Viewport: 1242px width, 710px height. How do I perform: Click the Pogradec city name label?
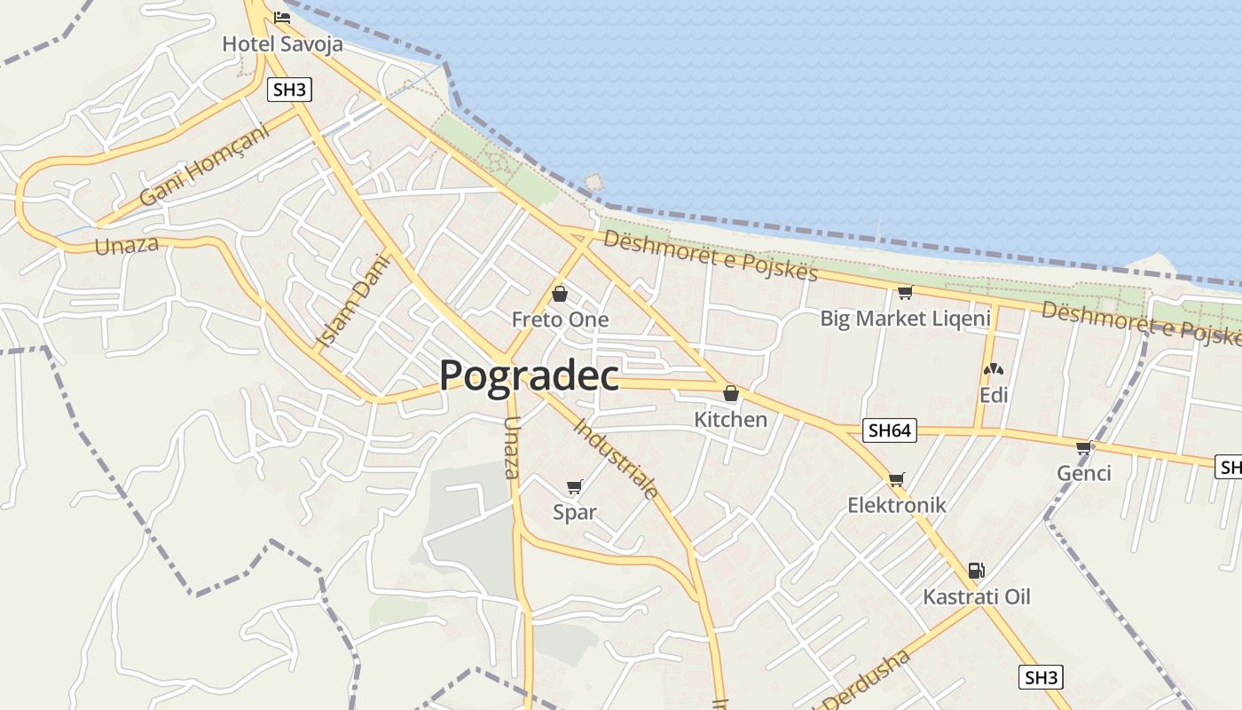[x=530, y=375]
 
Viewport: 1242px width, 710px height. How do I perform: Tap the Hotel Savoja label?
[x=282, y=43]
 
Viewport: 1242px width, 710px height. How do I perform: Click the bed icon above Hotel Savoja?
[x=282, y=17]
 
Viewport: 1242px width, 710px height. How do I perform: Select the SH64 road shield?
[x=889, y=430]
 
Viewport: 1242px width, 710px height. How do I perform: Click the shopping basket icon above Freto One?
[x=560, y=294]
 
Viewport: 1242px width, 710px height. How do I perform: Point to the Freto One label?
[x=560, y=319]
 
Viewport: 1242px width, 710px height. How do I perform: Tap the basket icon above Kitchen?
[x=730, y=393]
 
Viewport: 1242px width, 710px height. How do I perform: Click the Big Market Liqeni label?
[x=905, y=318]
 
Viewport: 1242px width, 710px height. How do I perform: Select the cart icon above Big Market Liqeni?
[x=905, y=292]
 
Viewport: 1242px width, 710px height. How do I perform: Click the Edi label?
[x=994, y=395]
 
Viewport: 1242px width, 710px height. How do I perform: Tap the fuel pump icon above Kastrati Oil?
[x=976, y=571]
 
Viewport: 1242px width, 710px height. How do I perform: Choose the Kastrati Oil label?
[x=976, y=596]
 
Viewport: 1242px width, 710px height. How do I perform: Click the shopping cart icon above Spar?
[x=574, y=486]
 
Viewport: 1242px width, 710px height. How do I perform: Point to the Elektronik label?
[x=897, y=505]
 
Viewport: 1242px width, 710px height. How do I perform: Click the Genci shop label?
[x=1083, y=473]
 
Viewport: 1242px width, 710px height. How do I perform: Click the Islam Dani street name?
[x=352, y=302]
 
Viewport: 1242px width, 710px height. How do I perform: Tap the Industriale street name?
[x=616, y=458]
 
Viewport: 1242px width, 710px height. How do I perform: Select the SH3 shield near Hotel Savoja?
[x=289, y=89]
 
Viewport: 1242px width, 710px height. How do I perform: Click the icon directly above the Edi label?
[x=994, y=369]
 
